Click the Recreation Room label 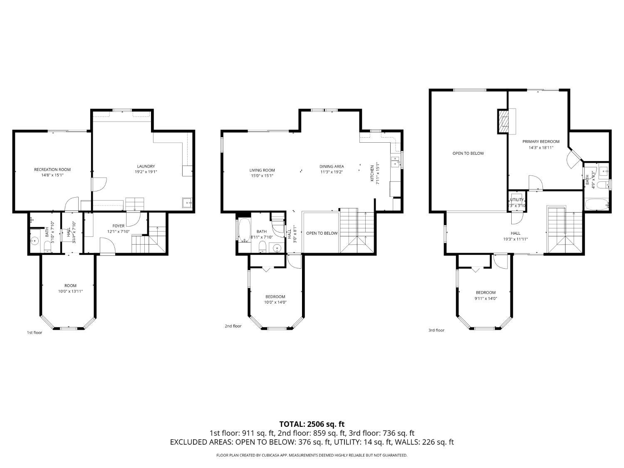(52, 169)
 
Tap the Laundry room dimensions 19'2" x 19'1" (146, 172)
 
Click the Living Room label (262, 170)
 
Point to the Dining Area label (332, 166)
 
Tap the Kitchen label (372, 173)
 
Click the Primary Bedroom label (541, 141)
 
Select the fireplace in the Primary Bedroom (504, 121)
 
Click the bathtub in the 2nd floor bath (243, 230)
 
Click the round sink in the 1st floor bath (35, 240)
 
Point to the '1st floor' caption (35, 332)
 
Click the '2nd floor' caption (233, 326)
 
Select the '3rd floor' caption (436, 330)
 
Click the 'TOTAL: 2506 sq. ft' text (312, 424)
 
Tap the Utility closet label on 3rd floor (517, 200)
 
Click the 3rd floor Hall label (515, 233)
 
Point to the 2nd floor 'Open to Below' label (322, 233)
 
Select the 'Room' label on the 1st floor (70, 285)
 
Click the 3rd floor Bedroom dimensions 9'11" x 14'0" (485, 298)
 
